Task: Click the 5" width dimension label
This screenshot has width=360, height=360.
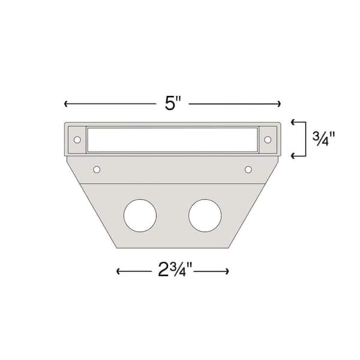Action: [x=172, y=103]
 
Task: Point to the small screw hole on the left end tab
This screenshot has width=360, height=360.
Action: [x=77, y=140]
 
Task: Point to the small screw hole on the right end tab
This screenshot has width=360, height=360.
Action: [x=268, y=140]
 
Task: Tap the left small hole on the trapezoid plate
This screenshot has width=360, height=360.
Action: [x=97, y=170]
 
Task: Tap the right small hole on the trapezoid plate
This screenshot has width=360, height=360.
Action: [x=248, y=170]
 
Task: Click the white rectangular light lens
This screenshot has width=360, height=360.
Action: [x=172, y=139]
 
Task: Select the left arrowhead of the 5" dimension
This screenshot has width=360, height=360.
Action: [x=65, y=104]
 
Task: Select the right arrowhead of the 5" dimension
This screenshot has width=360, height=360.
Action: [x=279, y=104]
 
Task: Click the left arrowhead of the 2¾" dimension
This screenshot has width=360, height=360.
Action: [x=118, y=271]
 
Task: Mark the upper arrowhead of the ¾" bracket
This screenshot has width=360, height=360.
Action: [x=293, y=122]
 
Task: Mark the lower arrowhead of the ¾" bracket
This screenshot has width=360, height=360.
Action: [x=293, y=156]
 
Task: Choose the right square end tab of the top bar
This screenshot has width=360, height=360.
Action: [x=268, y=140]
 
